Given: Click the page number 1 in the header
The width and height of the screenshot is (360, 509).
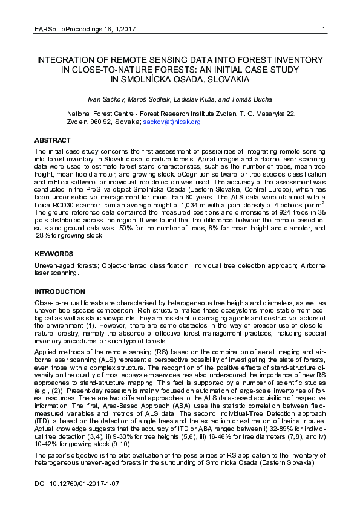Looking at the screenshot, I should [324, 30].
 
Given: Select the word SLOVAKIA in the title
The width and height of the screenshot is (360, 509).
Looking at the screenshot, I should [224, 79].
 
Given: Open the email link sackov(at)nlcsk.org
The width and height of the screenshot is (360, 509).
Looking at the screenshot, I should [171, 122].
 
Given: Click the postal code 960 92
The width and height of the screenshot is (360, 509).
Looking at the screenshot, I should [100, 122].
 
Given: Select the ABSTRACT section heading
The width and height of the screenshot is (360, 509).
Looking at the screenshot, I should [52, 140].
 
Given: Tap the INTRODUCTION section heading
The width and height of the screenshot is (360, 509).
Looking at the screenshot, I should [60, 291].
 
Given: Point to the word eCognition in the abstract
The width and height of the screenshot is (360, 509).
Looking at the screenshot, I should [175, 180].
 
